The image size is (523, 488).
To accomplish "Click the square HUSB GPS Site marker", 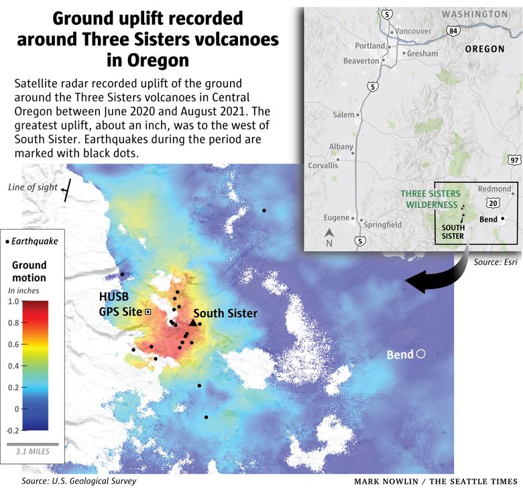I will (x=148, y=312).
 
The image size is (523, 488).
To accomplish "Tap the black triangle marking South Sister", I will (x=193, y=322).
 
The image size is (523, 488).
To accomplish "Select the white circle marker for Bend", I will (x=421, y=353).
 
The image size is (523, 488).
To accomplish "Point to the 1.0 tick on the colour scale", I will (x=14, y=302).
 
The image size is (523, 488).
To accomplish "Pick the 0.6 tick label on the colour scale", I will (x=14, y=345).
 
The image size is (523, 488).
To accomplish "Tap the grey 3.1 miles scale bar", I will (x=33, y=444).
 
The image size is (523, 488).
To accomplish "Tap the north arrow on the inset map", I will (x=329, y=234).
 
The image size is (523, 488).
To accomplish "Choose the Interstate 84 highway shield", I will (x=454, y=31).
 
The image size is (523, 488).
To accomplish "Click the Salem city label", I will (x=343, y=115).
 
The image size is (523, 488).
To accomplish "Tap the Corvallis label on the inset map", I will (x=325, y=165).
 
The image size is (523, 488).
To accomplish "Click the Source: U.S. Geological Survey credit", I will (x=78, y=481).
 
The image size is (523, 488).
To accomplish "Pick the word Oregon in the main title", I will (x=148, y=60).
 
